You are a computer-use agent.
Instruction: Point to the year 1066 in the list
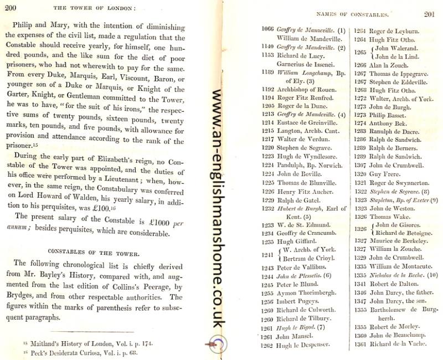point(267,30)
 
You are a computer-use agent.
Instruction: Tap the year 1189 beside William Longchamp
point(267,73)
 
